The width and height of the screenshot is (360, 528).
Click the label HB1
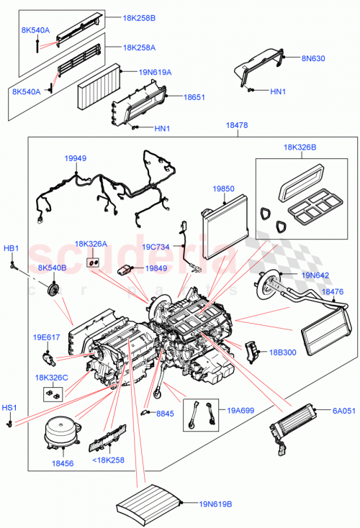point(12,248)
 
